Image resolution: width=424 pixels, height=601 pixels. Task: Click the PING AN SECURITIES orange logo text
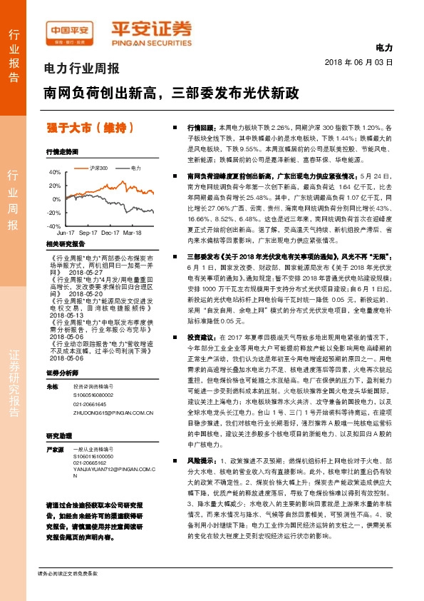coord(151,42)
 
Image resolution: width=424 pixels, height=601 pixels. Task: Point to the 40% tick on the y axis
coord(54,173)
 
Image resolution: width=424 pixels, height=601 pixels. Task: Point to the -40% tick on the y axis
coord(54,226)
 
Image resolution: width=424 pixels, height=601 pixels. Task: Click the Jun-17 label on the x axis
coord(66,233)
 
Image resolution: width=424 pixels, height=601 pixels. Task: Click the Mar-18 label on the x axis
coord(132,233)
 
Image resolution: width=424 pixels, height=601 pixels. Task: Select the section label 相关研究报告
coord(66,243)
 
